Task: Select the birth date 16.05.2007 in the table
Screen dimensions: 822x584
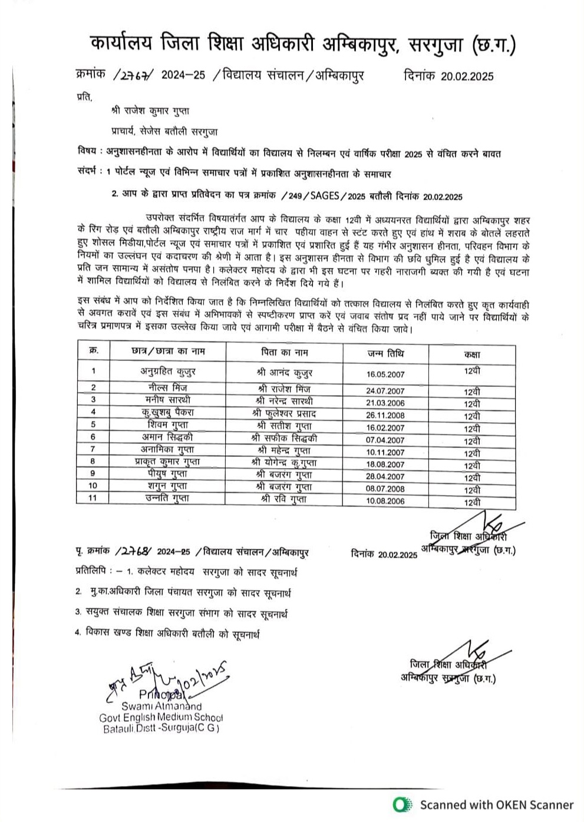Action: pyautogui.click(x=385, y=374)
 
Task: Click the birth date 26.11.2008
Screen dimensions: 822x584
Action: pyautogui.click(x=385, y=415)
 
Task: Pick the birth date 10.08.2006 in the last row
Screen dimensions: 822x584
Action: pyautogui.click(x=385, y=501)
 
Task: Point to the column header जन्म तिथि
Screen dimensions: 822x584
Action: pyautogui.click(x=385, y=353)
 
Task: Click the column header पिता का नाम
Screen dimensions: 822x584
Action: pyautogui.click(x=285, y=352)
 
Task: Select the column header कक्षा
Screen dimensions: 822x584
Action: pyautogui.click(x=472, y=354)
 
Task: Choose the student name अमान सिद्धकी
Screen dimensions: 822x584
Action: pyautogui.click(x=167, y=437)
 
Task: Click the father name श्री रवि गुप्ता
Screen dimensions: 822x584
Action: pyautogui.click(x=284, y=499)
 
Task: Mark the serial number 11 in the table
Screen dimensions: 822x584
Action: pyautogui.click(x=93, y=498)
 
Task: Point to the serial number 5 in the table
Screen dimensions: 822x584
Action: pyautogui.click(x=93, y=425)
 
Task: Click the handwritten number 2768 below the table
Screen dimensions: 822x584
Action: pyautogui.click(x=136, y=552)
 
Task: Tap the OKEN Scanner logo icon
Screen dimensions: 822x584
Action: pyautogui.click(x=402, y=804)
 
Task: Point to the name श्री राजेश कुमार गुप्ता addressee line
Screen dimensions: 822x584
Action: pyautogui.click(x=150, y=111)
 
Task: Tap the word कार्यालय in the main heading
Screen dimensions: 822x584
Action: pyautogui.click(x=121, y=44)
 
